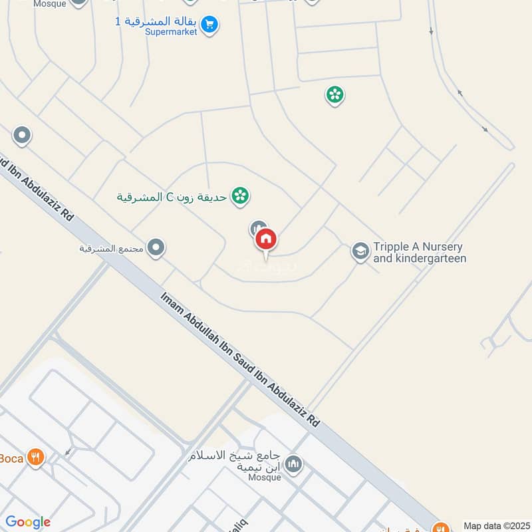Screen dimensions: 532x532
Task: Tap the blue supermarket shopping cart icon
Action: [x=210, y=25]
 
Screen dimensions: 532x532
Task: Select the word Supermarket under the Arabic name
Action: [x=172, y=31]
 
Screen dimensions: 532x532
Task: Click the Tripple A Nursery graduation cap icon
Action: [x=360, y=251]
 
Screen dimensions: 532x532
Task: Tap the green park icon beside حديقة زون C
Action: [x=241, y=196]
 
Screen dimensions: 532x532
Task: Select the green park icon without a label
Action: [x=334, y=95]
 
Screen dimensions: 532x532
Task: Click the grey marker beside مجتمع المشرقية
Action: [x=156, y=248]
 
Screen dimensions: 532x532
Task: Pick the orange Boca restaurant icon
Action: [x=36, y=458]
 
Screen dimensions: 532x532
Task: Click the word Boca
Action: [x=11, y=458]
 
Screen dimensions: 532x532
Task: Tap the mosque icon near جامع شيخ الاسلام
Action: [x=294, y=464]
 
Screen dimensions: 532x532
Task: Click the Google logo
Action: [x=28, y=523]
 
